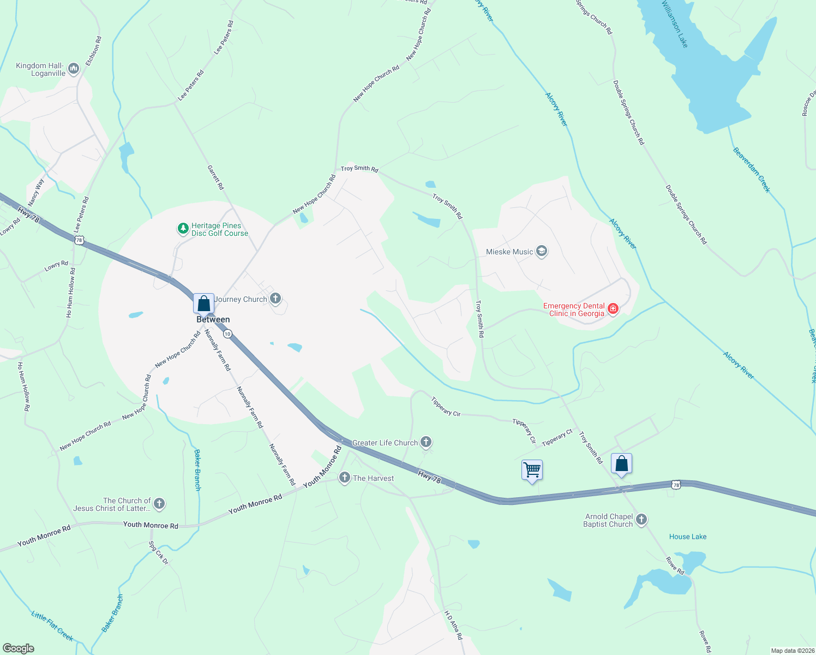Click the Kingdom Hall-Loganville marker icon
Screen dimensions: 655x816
click(x=74, y=69)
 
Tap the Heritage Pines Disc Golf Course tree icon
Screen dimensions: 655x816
click(x=183, y=229)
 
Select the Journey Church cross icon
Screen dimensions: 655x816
click(x=275, y=298)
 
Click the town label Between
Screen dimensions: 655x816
click(x=213, y=320)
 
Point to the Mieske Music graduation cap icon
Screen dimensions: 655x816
click(x=542, y=251)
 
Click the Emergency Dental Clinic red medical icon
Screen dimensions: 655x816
click(x=613, y=309)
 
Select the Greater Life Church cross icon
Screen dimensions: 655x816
click(x=426, y=442)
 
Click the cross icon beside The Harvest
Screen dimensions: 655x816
click(x=344, y=478)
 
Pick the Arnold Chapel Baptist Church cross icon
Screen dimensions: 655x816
click(x=641, y=519)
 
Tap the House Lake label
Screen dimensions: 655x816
click(x=688, y=537)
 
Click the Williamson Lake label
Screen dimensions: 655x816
click(x=675, y=24)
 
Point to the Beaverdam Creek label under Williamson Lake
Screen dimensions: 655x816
click(x=751, y=170)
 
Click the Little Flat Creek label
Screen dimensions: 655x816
click(x=52, y=626)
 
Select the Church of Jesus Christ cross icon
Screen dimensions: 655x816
click(x=159, y=503)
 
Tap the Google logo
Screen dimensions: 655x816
click(x=18, y=648)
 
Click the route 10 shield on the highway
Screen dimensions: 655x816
click(x=227, y=334)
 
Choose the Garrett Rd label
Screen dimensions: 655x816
click(x=215, y=177)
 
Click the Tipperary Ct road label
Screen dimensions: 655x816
click(x=557, y=438)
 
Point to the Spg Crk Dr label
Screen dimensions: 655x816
click(x=159, y=552)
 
